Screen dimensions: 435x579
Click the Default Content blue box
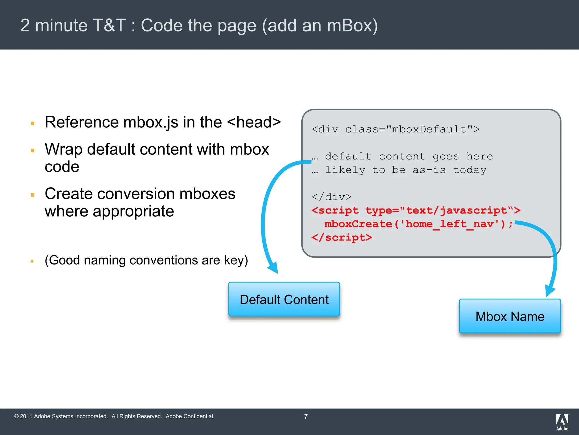(284, 299)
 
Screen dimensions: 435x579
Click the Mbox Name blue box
(510, 316)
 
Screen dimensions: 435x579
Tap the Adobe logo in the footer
(562, 422)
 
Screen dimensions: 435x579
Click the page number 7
(306, 417)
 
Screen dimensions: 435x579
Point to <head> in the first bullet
(254, 122)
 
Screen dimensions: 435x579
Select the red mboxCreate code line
(418, 224)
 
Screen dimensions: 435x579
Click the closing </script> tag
(342, 237)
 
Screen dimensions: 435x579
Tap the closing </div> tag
(331, 197)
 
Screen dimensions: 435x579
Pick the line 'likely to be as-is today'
(405, 170)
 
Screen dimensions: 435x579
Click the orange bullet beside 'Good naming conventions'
(32, 261)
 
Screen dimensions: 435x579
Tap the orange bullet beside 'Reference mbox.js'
(33, 123)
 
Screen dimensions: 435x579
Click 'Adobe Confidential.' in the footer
(190, 416)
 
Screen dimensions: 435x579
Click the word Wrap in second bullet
(64, 149)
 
